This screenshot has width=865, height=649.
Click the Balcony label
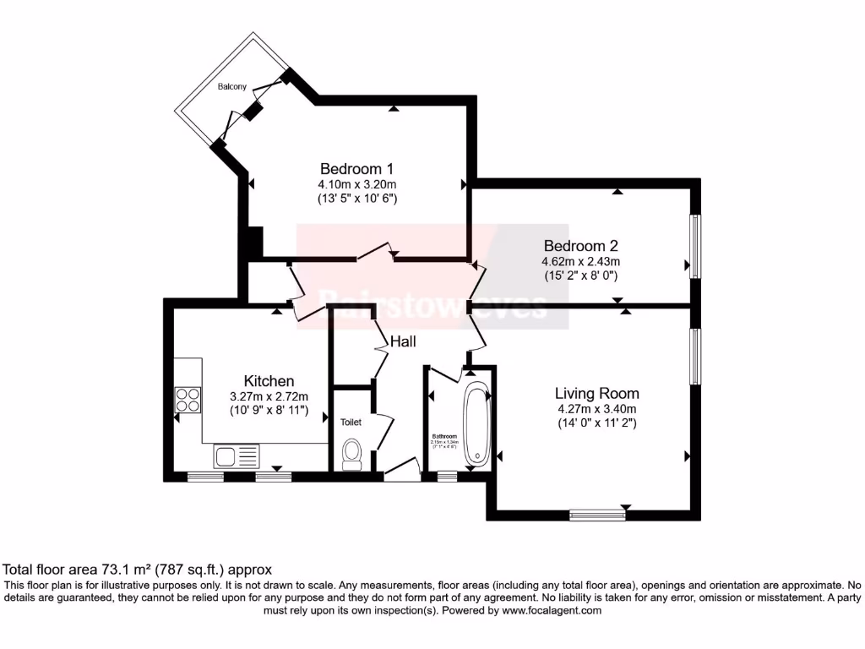point(232,87)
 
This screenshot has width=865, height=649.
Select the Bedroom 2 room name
point(581,246)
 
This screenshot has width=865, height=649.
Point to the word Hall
point(403,341)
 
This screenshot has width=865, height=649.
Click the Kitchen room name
point(269,381)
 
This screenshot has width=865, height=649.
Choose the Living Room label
point(596,393)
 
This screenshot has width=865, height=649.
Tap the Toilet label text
point(351,422)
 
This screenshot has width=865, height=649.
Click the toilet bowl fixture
point(351,454)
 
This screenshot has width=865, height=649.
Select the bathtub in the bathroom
point(476,425)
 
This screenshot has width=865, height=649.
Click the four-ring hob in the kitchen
point(188,398)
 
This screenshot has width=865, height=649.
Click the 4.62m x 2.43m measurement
point(581,262)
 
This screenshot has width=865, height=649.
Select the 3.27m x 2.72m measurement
point(269,396)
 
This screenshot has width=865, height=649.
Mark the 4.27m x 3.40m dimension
point(596,408)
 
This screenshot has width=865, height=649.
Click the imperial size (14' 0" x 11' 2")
point(596,423)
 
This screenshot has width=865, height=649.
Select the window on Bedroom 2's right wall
point(694,245)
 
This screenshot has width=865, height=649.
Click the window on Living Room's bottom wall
point(596,513)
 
